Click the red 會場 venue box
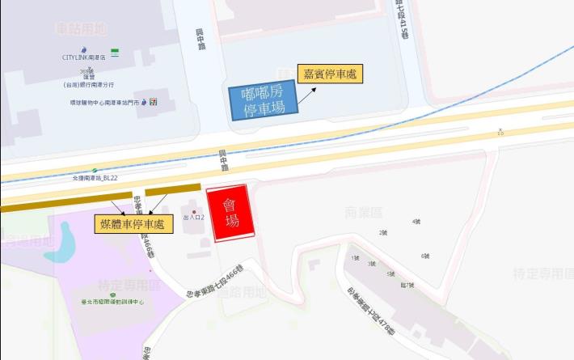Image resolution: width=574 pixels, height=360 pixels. coord(231,214)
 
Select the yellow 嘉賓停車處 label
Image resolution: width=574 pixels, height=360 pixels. coord(330,74)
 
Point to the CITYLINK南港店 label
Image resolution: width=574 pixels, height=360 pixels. coord(84,57)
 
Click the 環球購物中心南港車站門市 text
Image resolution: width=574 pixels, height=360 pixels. coord(104,103)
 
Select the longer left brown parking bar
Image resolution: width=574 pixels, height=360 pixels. coord(65,201)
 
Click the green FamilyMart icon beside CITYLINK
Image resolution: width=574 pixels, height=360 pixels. coord(116,52)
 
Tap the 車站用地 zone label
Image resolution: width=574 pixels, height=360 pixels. coord(81,29)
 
